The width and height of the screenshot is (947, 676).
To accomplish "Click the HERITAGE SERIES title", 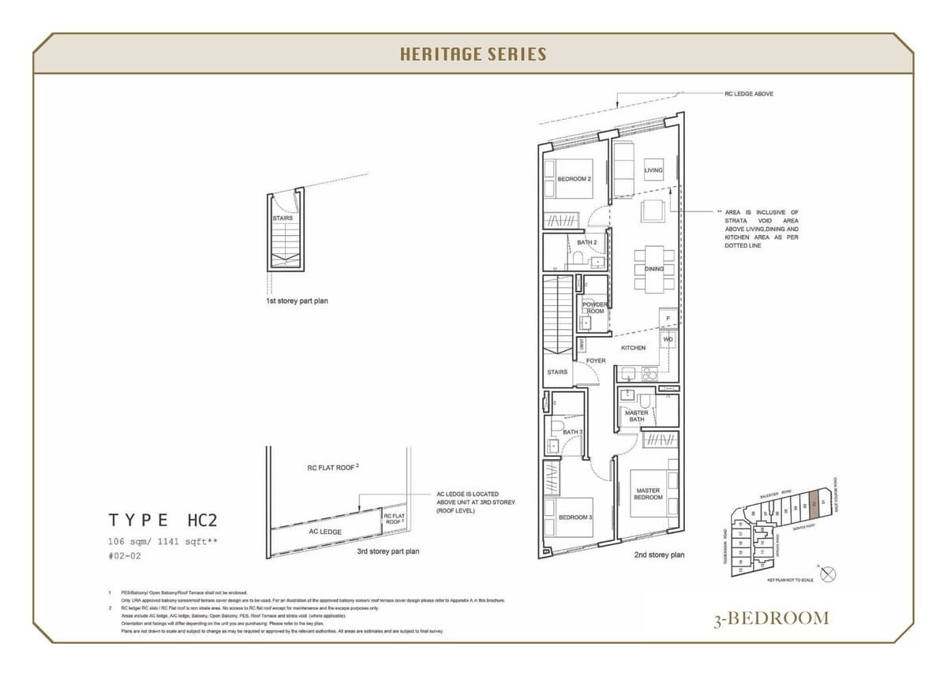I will coord(473,54).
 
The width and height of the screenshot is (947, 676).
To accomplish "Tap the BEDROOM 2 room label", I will coord(574,179).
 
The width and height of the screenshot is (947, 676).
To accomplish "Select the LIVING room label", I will coord(653,170).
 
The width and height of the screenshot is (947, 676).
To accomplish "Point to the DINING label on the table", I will coord(654,269).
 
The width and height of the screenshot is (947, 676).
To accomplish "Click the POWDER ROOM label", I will coord(595,308).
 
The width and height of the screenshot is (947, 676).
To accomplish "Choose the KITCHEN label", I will coord(633,348).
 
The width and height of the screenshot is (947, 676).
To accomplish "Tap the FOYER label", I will coord(596,360).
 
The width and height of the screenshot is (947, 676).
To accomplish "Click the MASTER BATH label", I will coord(636,416).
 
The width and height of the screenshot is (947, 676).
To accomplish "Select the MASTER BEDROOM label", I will coord(648,494).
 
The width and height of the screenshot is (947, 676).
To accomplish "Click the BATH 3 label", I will coord(572,432).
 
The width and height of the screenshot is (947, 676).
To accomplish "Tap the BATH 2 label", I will coord(586,243).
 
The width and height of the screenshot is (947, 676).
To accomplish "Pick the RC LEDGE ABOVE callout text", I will coord(749,94).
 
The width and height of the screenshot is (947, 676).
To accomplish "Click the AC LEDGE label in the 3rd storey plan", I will coord(324,532).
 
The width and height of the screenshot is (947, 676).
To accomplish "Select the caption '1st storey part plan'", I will coord(297,301).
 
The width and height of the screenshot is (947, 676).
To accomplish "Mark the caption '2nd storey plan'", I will coord(659,555).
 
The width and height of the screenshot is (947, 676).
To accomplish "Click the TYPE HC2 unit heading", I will coord(163,520).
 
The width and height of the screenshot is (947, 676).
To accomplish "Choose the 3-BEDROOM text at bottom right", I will coord(770,618).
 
